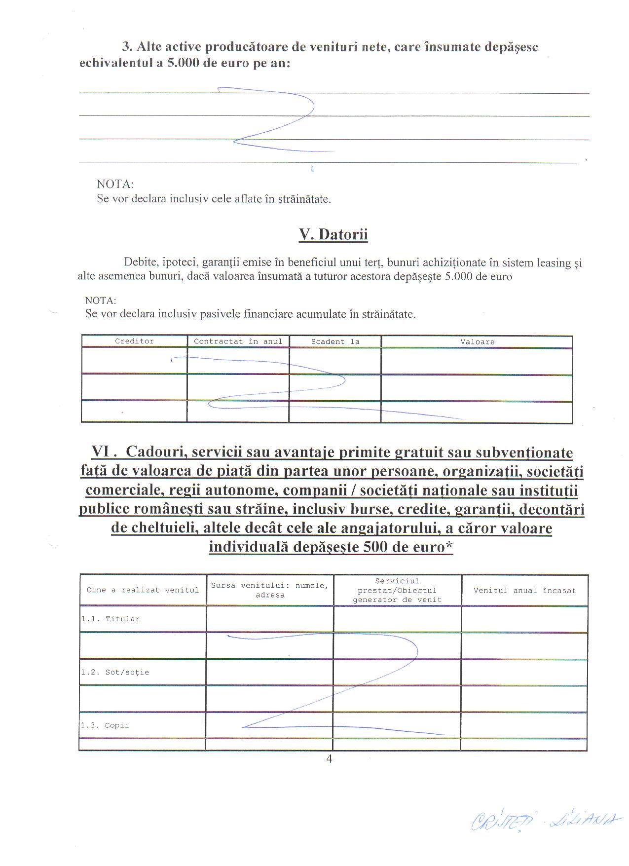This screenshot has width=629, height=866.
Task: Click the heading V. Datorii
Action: [x=333, y=234]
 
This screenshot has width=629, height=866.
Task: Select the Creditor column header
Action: [x=134, y=341]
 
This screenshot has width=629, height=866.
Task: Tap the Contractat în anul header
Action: [x=238, y=341]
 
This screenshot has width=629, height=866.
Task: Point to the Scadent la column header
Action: [x=335, y=341]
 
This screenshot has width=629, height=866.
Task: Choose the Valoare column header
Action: [x=477, y=341]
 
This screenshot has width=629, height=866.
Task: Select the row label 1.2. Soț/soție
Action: [x=115, y=672]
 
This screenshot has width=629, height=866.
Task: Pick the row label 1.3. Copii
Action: [x=105, y=725]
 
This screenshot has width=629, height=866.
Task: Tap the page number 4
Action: [x=329, y=759]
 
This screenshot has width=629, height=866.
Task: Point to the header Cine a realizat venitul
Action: [x=143, y=590]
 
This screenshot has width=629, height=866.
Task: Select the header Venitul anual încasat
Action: [x=524, y=590]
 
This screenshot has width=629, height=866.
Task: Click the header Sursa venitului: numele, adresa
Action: [x=270, y=590]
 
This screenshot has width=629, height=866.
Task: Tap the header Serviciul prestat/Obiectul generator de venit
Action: [x=397, y=590]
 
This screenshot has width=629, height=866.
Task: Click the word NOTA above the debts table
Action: [x=101, y=301]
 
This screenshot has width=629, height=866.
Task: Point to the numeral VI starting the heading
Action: [x=102, y=452]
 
